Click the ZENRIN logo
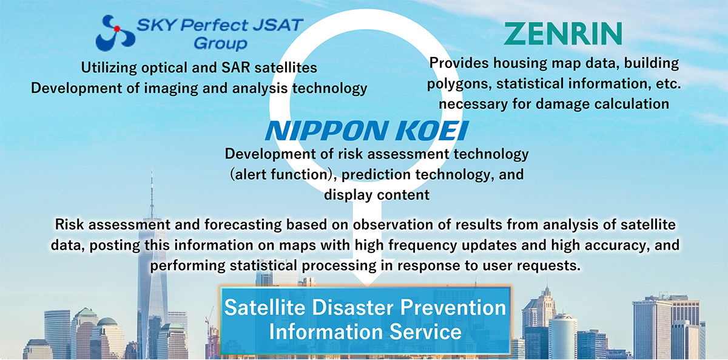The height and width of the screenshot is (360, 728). (563, 33)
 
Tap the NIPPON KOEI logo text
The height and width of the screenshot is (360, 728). (366, 131)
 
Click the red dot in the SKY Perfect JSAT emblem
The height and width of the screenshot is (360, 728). (117, 29)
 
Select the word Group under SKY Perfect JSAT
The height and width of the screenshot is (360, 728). (221, 44)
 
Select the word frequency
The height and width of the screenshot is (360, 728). (423, 245)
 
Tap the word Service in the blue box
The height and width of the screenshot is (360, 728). (425, 332)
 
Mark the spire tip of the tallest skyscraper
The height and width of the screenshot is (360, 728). (152, 170)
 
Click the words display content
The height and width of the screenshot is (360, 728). (377, 195)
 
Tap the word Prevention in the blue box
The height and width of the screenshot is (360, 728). (453, 307)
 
